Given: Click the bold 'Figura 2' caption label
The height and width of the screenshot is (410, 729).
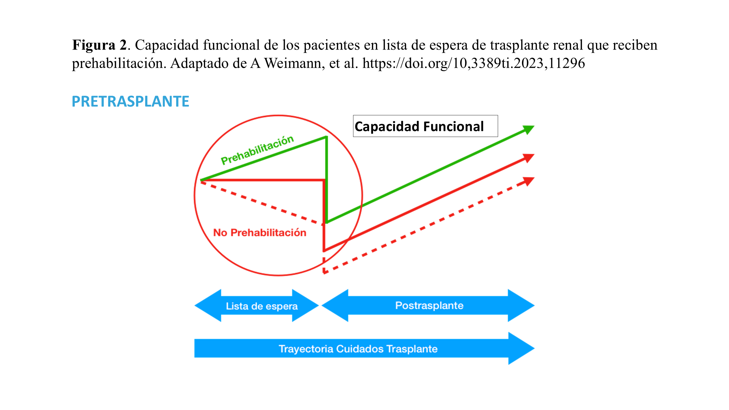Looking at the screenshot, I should pos(99,45).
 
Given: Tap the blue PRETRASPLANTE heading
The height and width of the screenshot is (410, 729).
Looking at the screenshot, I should pos(130,101).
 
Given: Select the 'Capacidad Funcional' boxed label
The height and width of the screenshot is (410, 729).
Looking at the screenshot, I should pos(419,126).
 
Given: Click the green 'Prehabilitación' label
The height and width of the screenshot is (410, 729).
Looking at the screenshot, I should pos(257,150).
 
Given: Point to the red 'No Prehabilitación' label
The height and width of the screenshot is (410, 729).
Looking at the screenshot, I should pos(260,233).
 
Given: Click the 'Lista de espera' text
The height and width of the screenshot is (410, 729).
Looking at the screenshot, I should pos(262,306).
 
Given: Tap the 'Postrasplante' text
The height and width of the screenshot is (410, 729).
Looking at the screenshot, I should pos(429,306).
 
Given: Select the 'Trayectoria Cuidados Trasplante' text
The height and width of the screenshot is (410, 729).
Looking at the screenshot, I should pos(358,349).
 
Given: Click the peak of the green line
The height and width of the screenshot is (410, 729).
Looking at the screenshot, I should pos(326,138).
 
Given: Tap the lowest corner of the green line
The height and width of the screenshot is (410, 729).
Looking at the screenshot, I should pos(327,222).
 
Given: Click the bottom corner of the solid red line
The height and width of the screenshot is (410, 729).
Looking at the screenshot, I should pos(324,251).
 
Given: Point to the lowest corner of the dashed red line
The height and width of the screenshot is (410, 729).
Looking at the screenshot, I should pos(324,273).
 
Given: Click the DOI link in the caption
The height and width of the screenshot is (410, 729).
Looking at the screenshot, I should pos(474,63).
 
